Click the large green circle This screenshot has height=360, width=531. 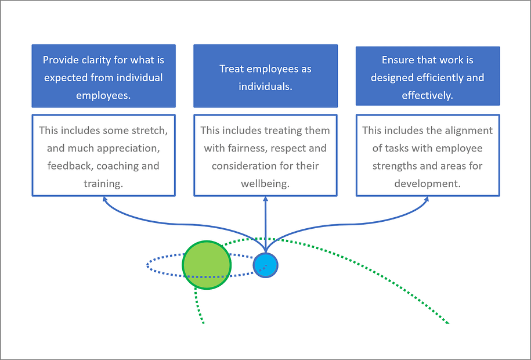(x=207, y=265)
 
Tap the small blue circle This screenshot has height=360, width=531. (x=266, y=265)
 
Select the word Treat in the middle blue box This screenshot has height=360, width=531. (x=232, y=69)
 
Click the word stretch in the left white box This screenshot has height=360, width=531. (x=150, y=131)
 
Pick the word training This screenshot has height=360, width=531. (x=103, y=183)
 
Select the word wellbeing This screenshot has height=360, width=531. (x=265, y=183)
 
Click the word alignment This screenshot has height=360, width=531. (x=468, y=131)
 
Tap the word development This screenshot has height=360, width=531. (x=427, y=183)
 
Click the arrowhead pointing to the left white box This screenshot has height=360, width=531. (x=104, y=199)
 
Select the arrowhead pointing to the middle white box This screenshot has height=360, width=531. (x=266, y=199)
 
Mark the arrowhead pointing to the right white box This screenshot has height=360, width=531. (x=426, y=199)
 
